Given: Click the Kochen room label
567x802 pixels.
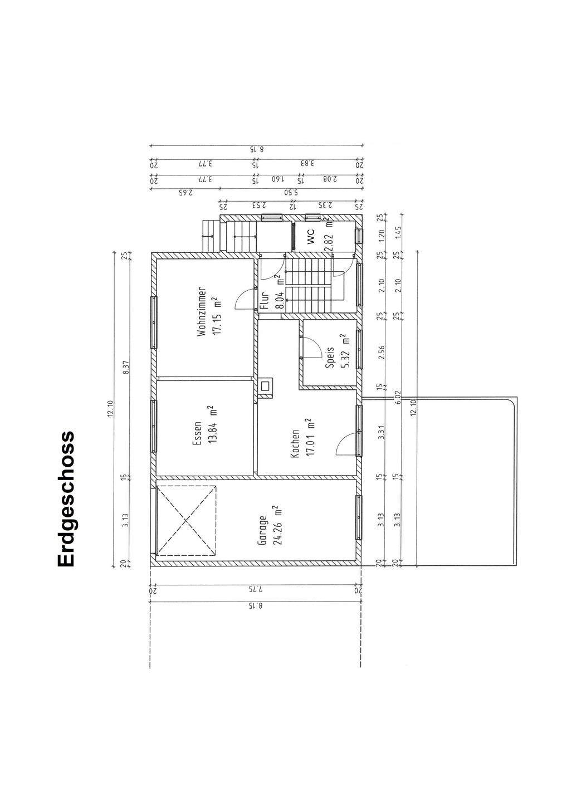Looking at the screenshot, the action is [295, 444].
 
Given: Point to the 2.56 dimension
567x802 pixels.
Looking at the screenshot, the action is [382, 352].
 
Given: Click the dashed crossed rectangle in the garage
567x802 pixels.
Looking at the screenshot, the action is [186, 520].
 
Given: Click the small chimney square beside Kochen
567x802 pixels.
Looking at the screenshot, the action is [265, 385].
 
